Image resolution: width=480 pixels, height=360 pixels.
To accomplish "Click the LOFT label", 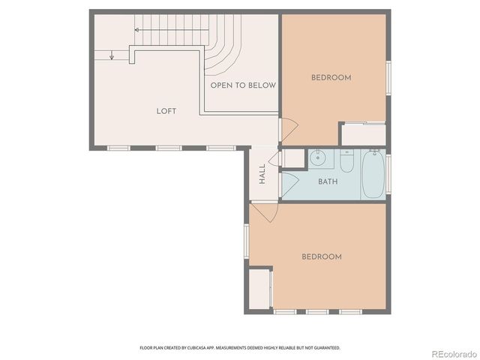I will (166, 111).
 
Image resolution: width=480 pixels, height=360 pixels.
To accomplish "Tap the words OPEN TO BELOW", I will (243, 85).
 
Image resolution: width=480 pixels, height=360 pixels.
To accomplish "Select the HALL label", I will (262, 175).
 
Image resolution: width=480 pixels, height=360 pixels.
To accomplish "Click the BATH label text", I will (328, 181).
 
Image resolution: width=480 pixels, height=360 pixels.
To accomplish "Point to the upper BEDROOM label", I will (331, 78).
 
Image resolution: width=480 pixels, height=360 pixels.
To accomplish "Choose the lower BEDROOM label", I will (321, 256).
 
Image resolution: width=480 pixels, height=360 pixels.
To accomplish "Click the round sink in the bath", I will (319, 157).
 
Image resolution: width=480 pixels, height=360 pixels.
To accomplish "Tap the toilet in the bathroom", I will (346, 161).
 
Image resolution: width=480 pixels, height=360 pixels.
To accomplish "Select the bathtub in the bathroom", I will (373, 174).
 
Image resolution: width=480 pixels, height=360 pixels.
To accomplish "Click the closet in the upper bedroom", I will (363, 134).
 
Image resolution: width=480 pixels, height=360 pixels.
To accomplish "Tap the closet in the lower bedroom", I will (260, 289).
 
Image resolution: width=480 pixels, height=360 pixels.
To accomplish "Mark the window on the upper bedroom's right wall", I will (388, 78).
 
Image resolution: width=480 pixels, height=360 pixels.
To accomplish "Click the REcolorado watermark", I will (452, 352).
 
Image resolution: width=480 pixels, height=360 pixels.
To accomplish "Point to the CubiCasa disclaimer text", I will (240, 348).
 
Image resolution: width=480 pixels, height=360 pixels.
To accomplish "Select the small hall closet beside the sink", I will (293, 158).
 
